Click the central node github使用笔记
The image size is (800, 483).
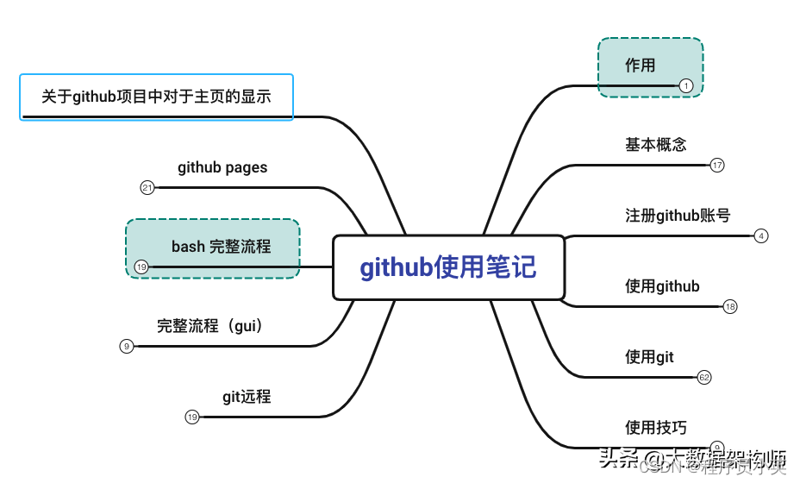click(448, 267)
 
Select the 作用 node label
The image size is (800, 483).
click(641, 66)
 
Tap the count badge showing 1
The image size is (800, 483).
click(685, 85)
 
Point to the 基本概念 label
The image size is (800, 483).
click(656, 145)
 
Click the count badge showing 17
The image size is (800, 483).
click(717, 165)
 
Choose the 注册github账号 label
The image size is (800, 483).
click(678, 216)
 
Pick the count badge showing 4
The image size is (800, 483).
click(760, 235)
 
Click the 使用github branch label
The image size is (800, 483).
click(662, 286)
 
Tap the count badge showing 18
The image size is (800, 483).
click(730, 306)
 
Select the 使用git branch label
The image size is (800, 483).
click(649, 357)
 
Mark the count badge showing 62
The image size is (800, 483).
click(704, 377)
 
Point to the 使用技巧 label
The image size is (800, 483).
click(656, 428)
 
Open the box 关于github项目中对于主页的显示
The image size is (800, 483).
click(157, 97)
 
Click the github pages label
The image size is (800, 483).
click(222, 167)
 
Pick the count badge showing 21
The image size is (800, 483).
click(147, 188)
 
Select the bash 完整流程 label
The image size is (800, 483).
click(221, 247)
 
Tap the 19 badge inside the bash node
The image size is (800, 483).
click(141, 267)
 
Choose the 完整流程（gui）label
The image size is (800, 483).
click(209, 326)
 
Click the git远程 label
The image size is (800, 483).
click(247, 397)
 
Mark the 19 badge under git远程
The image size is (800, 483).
click(192, 417)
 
